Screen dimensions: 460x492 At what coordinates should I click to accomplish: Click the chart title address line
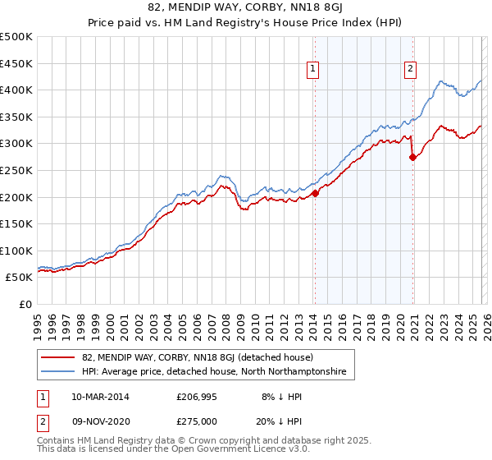click(x=246, y=7)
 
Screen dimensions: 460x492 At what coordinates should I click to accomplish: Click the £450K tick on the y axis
click(x=16, y=63)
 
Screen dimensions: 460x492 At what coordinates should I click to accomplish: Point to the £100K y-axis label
click(x=16, y=251)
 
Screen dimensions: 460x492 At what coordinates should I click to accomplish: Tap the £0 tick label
click(x=26, y=304)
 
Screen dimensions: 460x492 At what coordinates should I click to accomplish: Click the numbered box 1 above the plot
click(x=314, y=70)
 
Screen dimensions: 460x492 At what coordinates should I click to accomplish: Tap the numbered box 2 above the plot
click(x=409, y=70)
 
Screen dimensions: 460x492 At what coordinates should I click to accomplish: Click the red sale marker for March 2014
click(x=315, y=193)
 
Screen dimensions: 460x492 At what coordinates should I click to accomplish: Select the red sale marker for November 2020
click(x=412, y=158)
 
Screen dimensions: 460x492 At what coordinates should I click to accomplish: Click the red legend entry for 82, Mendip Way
click(x=196, y=357)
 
